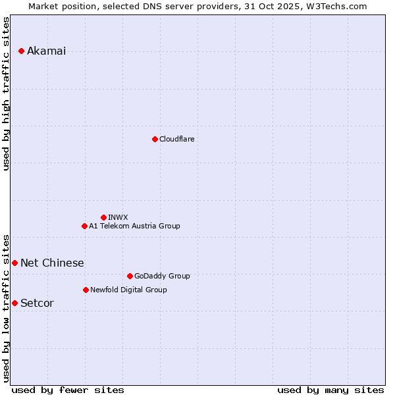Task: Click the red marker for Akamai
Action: pyautogui.click(x=21, y=51)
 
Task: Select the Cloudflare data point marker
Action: pyautogui.click(x=155, y=139)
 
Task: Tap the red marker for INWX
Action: pyautogui.click(x=103, y=217)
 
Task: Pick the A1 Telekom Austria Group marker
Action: pyautogui.click(x=84, y=226)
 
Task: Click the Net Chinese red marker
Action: pyautogui.click(x=14, y=263)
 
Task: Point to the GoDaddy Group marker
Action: pyautogui.click(x=130, y=276)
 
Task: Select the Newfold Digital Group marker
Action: pyautogui.click(x=86, y=290)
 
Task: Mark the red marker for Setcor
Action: pyautogui.click(x=14, y=303)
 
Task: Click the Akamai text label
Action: pyautogui.click(x=46, y=51)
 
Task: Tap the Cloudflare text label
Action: pyautogui.click(x=176, y=139)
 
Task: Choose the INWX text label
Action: pyautogui.click(x=118, y=217)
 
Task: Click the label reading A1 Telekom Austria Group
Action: pyautogui.click(x=134, y=226)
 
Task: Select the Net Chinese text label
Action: pyautogui.click(x=52, y=263)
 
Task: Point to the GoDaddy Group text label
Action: pyautogui.click(x=162, y=276)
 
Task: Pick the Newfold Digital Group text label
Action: pyautogui.click(x=128, y=290)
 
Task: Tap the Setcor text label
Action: pyautogui.click(x=37, y=303)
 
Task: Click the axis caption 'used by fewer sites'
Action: pyautogui.click(x=68, y=390)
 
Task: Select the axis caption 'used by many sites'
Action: pyautogui.click(x=330, y=390)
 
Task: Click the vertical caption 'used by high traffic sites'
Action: pyautogui.click(x=6, y=93)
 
